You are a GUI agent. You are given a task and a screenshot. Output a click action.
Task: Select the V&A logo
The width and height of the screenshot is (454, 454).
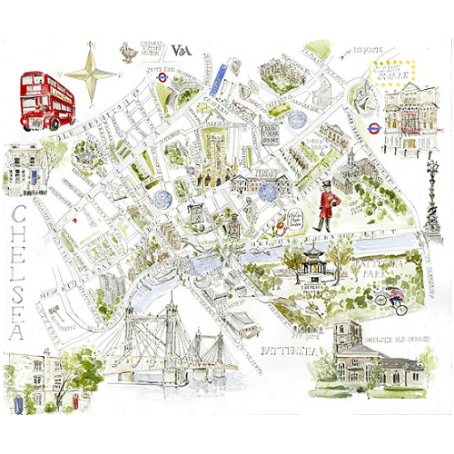180,51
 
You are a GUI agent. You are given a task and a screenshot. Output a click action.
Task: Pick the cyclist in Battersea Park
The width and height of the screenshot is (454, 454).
392,301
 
